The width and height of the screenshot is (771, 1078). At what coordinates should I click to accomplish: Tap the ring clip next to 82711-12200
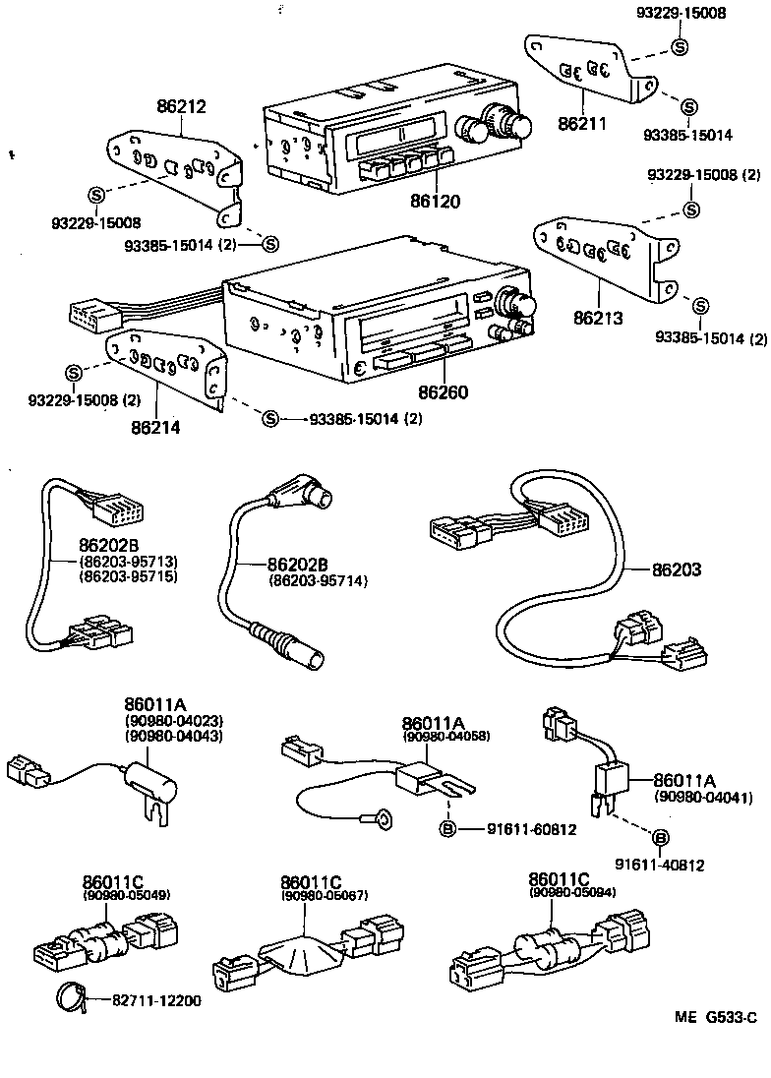[x=69, y=996]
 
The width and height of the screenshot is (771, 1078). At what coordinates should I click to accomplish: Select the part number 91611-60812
[x=531, y=829]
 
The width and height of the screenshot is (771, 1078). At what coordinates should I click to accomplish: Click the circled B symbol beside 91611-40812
[x=661, y=837]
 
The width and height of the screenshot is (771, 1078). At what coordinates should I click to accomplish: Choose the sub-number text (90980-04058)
[x=445, y=736]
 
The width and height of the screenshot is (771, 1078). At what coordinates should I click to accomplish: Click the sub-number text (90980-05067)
[x=324, y=897]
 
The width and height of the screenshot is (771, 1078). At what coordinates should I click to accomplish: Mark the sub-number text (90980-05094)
[x=571, y=892]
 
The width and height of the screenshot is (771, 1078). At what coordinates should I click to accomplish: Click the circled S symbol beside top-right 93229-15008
[x=680, y=46]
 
